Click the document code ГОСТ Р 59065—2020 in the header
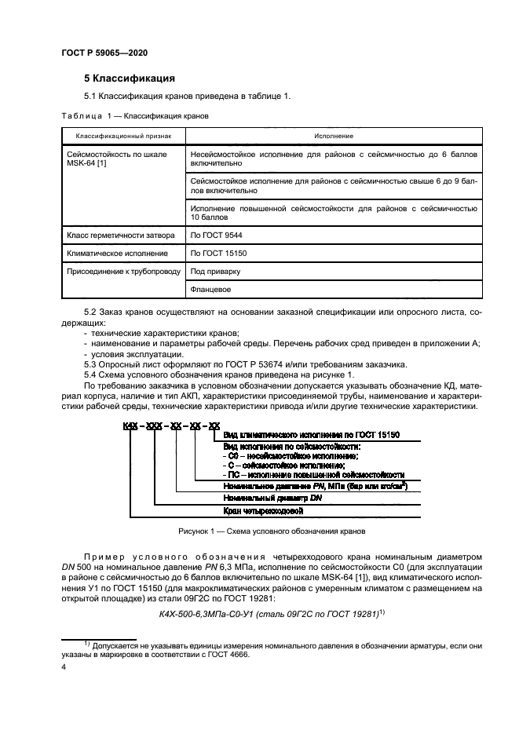(x=104, y=52)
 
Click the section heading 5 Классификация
(x=129, y=79)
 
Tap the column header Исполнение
(x=334, y=137)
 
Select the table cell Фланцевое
(x=210, y=290)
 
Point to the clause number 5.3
(x=90, y=365)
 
